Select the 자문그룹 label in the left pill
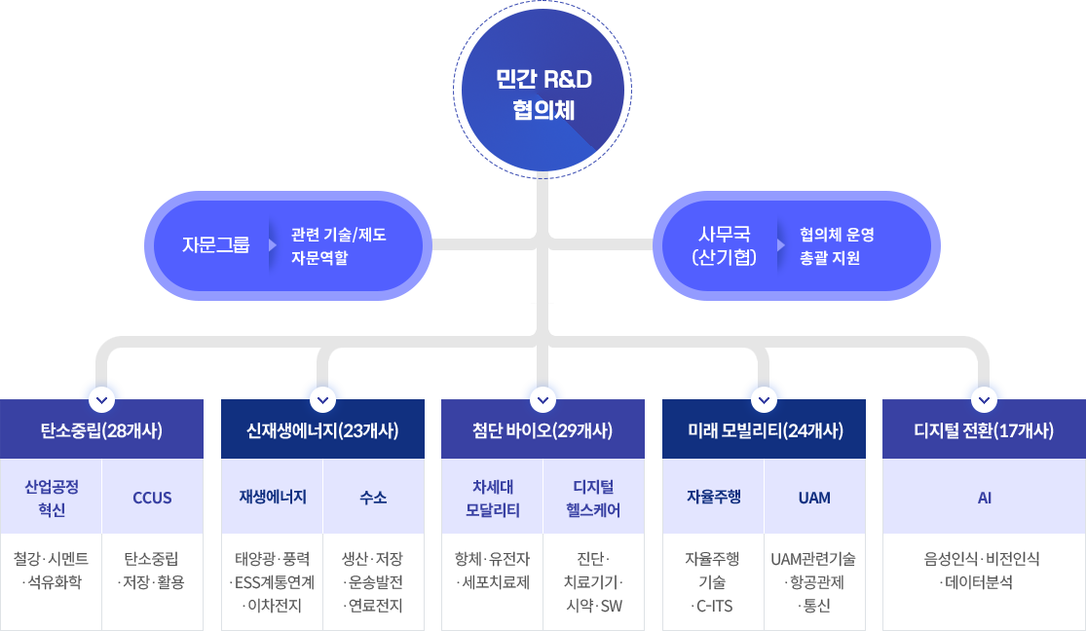tap(215, 244)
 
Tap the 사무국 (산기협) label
tap(724, 245)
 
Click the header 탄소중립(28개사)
tap(101, 430)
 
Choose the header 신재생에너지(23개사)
tap(322, 430)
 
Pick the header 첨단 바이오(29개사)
tap(543, 430)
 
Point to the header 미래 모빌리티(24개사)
tap(764, 430)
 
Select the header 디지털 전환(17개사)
tap(984, 430)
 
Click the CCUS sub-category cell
tap(152, 498)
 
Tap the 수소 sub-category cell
tap(373, 498)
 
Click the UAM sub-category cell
tap(814, 498)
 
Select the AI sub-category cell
tap(984, 498)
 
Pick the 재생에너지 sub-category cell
tap(273, 497)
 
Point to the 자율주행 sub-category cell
tap(713, 497)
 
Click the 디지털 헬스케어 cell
tap(593, 498)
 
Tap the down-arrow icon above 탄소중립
tap(101, 399)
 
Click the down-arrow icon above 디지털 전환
tap(984, 399)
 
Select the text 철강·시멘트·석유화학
tap(52, 571)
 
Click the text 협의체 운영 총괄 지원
tap(837, 246)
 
